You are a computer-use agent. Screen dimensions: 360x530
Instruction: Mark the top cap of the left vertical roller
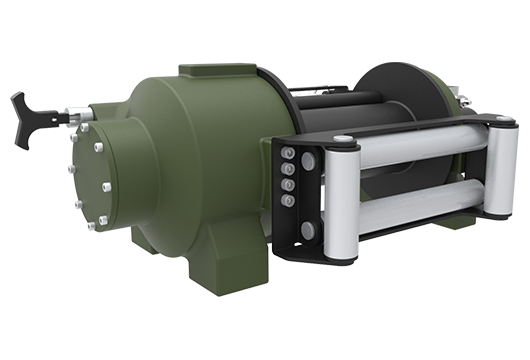coord(342,139)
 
